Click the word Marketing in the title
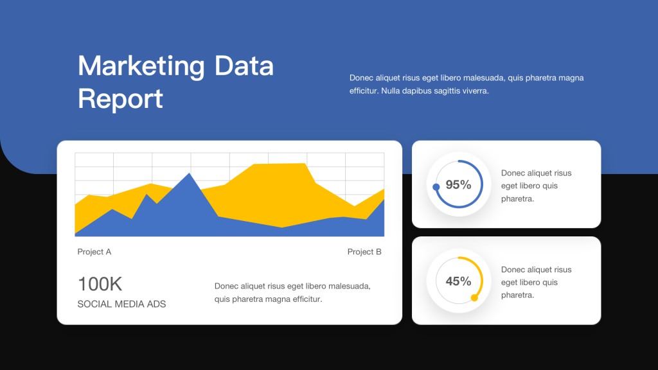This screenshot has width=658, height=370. click(141, 66)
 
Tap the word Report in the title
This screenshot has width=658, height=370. click(120, 99)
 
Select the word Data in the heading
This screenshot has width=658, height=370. click(244, 66)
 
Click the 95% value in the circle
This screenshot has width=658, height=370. click(458, 184)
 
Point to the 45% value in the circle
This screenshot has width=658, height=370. click(458, 281)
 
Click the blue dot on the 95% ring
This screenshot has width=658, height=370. click(436, 187)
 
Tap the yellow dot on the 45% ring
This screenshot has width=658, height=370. click(475, 298)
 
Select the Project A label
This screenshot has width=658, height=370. click(94, 252)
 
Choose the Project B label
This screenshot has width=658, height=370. click(364, 252)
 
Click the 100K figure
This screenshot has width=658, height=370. click(100, 284)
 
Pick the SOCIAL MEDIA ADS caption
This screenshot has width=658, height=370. click(121, 304)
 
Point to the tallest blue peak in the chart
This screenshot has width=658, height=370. click(190, 173)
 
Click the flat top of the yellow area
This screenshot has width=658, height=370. click(280, 164)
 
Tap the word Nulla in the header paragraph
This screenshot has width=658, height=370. click(390, 91)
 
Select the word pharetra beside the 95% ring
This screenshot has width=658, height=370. click(517, 199)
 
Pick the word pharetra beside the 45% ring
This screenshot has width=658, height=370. click(517, 295)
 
